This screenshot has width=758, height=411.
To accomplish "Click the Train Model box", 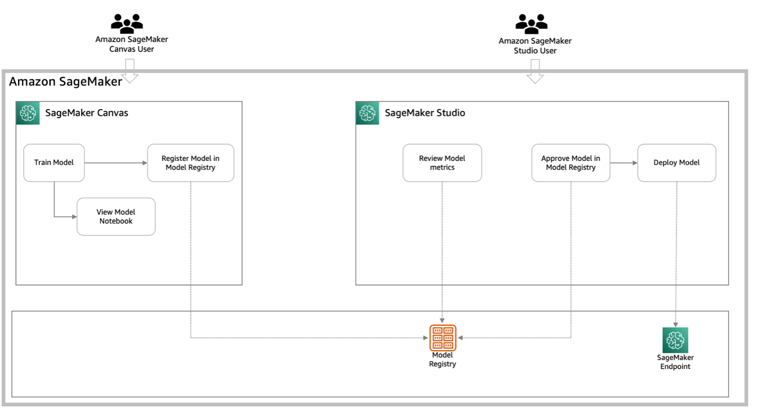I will (54, 163).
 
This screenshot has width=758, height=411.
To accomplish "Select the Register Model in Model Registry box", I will (190, 163).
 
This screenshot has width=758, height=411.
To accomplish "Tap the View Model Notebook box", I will (116, 217).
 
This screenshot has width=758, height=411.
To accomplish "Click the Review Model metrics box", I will (442, 163).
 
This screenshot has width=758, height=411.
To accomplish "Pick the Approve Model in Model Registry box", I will (570, 163).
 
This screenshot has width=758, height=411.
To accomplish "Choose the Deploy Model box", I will (676, 163).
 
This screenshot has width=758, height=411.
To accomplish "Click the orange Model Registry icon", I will (443, 338).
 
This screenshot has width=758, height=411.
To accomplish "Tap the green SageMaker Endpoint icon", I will (675, 340).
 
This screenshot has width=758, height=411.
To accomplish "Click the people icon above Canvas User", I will (127, 23).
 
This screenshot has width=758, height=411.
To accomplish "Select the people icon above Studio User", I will (531, 23).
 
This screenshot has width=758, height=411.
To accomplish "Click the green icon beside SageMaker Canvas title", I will (28, 113).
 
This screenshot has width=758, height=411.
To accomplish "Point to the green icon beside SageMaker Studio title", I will (367, 113).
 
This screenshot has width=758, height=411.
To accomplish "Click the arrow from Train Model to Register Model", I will (116, 163).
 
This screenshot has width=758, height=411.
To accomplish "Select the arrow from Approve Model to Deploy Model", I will (623, 163).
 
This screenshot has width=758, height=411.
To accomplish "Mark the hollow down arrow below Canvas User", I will (129, 71).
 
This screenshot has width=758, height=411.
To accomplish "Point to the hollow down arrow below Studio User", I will (535, 71).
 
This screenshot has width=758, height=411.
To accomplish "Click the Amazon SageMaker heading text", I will (65, 82).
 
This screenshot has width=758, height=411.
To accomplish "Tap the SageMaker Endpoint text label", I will (675, 362).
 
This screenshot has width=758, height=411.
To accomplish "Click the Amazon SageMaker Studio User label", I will (535, 46).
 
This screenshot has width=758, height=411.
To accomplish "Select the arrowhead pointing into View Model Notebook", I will (74, 217).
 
